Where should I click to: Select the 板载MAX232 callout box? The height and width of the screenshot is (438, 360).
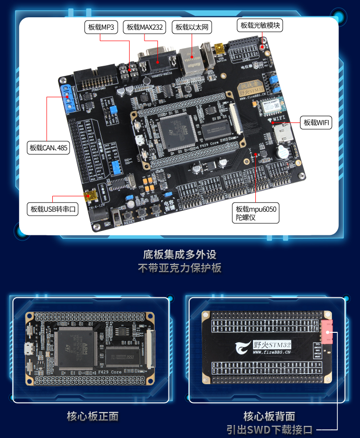coord(144,27)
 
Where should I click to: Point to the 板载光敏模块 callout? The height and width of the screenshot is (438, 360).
coord(260,25)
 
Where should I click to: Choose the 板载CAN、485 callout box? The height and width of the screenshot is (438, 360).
coord(48,147)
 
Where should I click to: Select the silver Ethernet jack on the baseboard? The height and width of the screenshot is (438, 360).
coord(192,61)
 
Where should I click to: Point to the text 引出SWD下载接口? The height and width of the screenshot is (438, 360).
coord(270,429)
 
